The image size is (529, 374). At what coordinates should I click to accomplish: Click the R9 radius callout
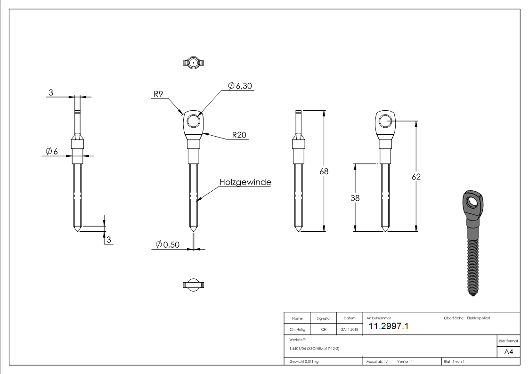pyautogui.click(x=158, y=94)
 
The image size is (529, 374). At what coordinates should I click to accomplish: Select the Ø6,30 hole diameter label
pyautogui.click(x=240, y=86)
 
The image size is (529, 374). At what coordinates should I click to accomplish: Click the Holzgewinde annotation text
pyautogui.click(x=245, y=182)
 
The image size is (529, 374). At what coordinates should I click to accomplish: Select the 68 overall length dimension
pyautogui.click(x=324, y=171)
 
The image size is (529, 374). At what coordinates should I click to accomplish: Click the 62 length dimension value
pyautogui.click(x=416, y=177)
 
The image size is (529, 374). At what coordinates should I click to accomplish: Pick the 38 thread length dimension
pyautogui.click(x=355, y=198)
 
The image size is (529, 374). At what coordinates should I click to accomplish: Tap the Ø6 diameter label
pyautogui.click(x=52, y=151)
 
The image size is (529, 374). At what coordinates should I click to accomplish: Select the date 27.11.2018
pyautogui.click(x=349, y=329)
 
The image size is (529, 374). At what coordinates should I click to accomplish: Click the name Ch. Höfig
pyautogui.click(x=297, y=329)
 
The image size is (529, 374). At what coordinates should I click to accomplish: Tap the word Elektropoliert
pyautogui.click(x=479, y=318)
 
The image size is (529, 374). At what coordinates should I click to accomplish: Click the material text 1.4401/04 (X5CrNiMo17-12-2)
pyautogui.click(x=314, y=349)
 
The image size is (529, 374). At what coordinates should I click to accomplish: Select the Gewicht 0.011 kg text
pyautogui.click(x=304, y=361)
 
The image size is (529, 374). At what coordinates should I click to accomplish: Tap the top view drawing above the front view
pyautogui.click(x=193, y=62)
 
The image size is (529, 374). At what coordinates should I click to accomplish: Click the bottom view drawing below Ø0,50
pyautogui.click(x=193, y=284)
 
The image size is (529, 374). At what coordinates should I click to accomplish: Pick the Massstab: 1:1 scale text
pyautogui.click(x=377, y=361)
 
